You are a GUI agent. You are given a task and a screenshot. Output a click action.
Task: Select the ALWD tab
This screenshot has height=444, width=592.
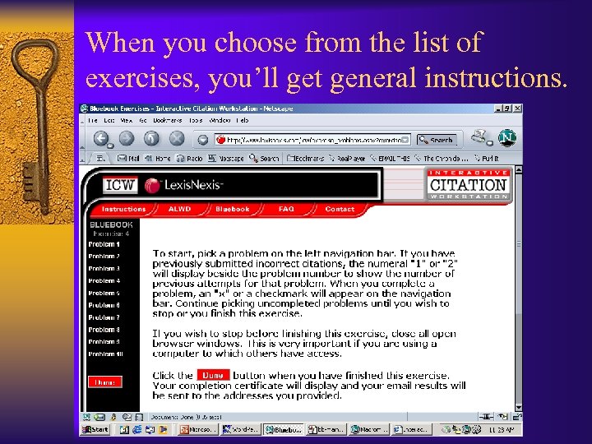click(180, 210)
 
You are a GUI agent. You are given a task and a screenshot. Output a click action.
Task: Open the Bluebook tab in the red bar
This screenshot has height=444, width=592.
click(232, 210)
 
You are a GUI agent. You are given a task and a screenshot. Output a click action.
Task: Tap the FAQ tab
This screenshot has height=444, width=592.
click(286, 210)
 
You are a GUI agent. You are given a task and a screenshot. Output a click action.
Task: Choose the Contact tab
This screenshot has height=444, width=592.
click(339, 210)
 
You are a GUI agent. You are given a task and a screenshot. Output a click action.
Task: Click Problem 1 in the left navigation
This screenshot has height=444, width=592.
click(104, 244)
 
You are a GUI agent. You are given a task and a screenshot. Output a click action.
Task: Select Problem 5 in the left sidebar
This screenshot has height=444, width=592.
click(104, 293)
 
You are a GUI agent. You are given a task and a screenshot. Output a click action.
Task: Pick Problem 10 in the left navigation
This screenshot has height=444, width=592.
click(105, 354)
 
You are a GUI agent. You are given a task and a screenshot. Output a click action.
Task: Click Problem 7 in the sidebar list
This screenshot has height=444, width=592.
click(104, 317)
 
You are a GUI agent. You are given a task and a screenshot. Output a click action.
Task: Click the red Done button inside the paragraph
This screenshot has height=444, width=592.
click(213, 375)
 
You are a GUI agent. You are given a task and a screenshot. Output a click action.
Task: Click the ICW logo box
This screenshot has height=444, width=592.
click(118, 185)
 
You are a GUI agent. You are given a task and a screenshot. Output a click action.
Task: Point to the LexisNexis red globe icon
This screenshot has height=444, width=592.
click(152, 185)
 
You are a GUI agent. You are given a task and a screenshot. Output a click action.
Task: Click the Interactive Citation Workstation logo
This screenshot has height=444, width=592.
click(469, 185)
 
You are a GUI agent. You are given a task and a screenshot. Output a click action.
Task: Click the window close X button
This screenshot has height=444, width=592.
click(517, 108)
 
